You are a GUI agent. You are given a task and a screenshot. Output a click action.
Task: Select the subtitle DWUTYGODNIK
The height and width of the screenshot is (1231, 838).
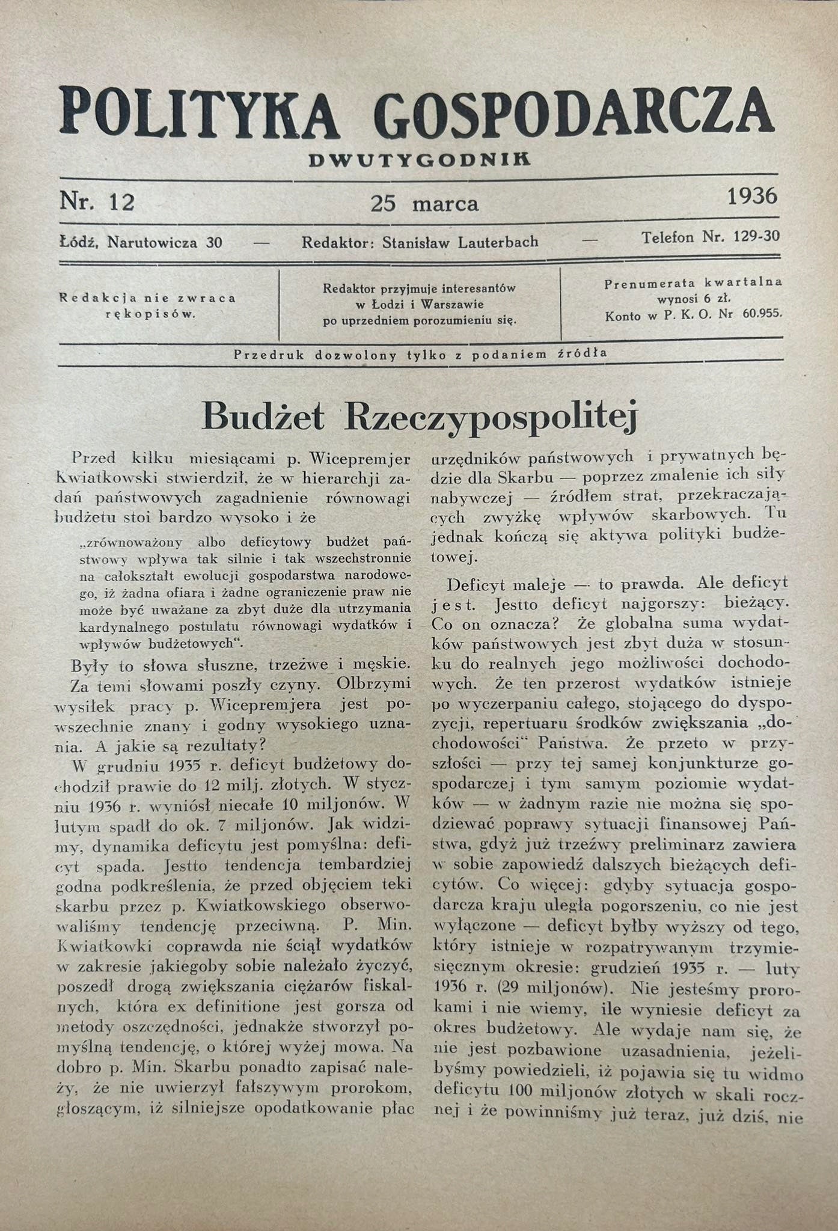420,160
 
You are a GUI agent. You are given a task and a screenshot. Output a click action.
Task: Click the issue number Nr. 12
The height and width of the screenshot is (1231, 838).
97,201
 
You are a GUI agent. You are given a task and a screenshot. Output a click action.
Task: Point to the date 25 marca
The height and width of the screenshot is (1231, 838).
424,204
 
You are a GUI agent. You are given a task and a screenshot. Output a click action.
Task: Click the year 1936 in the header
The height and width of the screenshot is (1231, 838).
752,196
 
